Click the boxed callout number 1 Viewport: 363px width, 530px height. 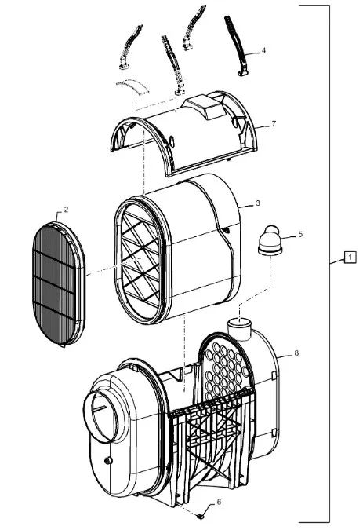pyautogui.click(x=350, y=258)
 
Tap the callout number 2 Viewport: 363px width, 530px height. pyautogui.click(x=66, y=210)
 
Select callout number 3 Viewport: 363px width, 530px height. pyautogui.click(x=258, y=203)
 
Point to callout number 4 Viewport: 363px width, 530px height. pyautogui.click(x=263, y=50)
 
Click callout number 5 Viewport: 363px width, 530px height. pyautogui.click(x=300, y=234)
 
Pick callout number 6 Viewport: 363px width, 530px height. pyautogui.click(x=219, y=502)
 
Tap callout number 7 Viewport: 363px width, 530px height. pyautogui.click(x=274, y=124)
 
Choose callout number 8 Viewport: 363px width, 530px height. pyautogui.click(x=296, y=353)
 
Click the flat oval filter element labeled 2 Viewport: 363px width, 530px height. pyautogui.click(x=58, y=284)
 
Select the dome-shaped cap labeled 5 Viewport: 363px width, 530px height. pyautogui.click(x=270, y=241)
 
